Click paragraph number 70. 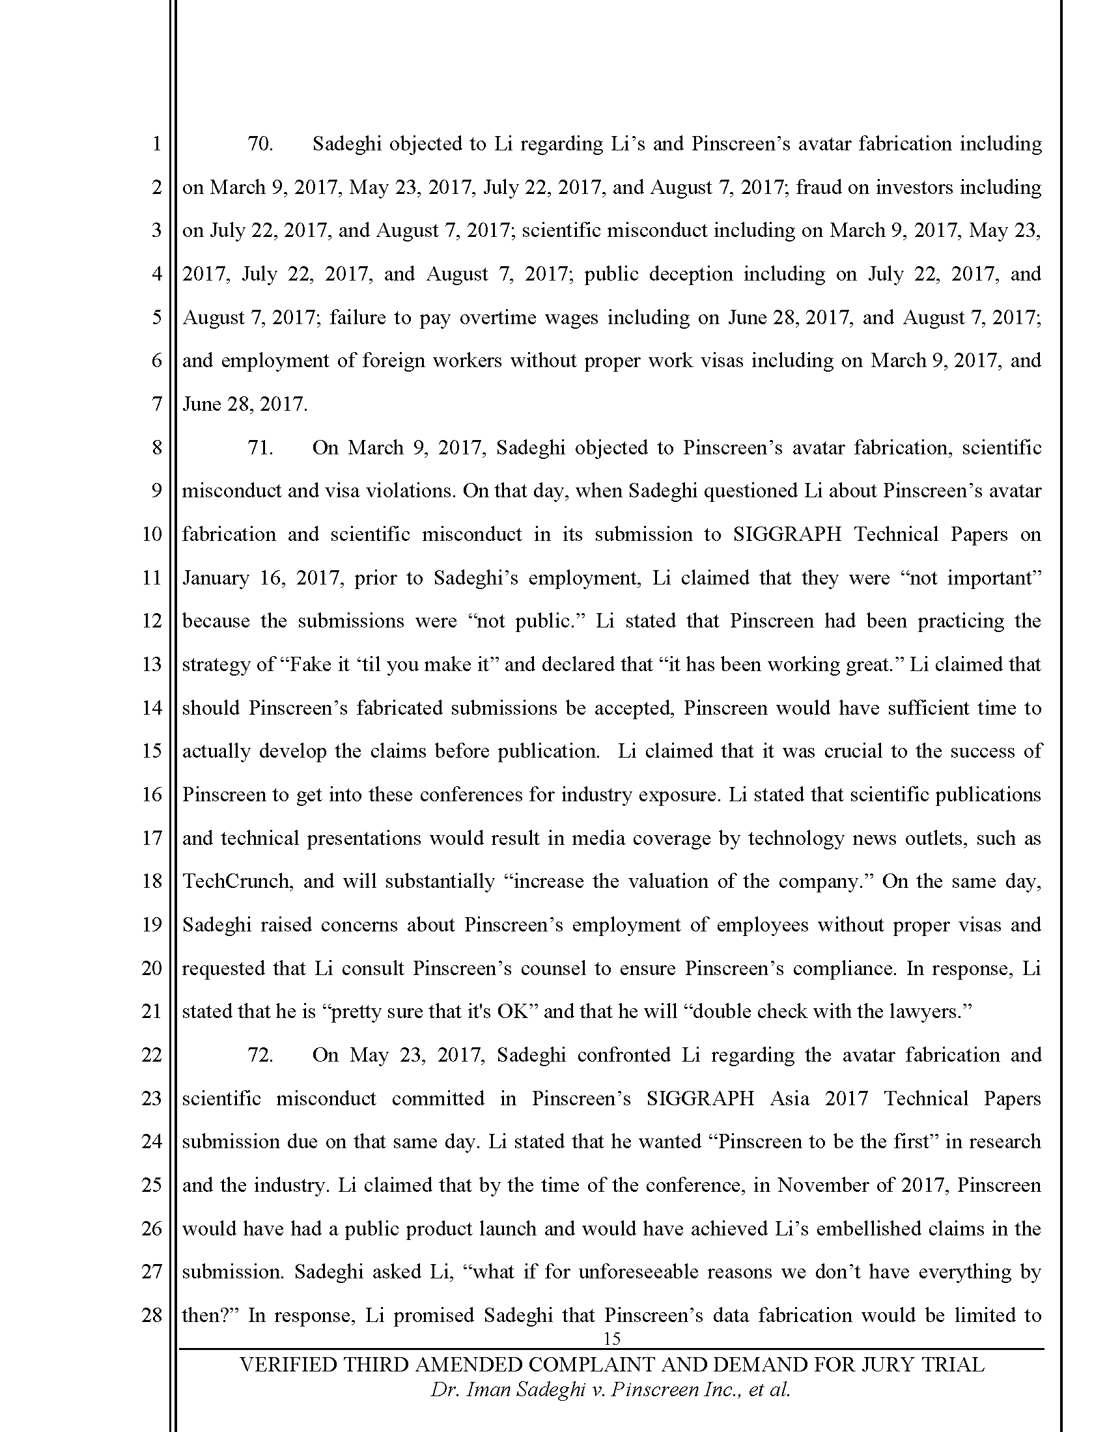click(x=260, y=144)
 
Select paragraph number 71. click(x=260, y=448)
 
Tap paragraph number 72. click(x=260, y=1055)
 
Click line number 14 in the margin click(x=152, y=708)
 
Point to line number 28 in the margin click(x=152, y=1315)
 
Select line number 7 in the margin click(x=156, y=404)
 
